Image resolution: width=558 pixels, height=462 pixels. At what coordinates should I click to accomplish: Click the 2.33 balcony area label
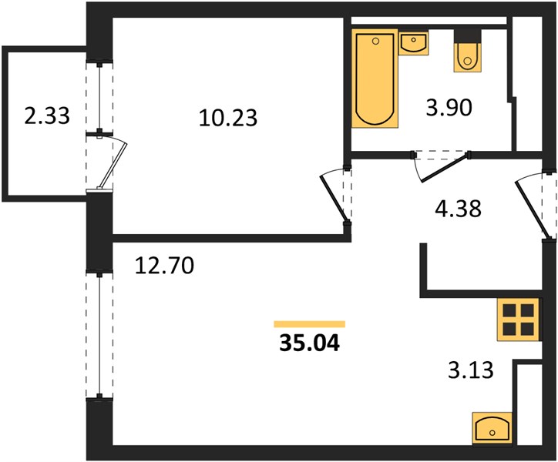tap(47, 116)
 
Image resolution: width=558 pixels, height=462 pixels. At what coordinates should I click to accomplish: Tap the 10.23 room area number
tap(228, 118)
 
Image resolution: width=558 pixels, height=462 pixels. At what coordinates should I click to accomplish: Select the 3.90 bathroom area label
tap(449, 107)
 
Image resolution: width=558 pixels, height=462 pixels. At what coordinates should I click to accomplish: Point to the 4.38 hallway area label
tap(458, 209)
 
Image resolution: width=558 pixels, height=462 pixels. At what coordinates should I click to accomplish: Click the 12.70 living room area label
tap(164, 266)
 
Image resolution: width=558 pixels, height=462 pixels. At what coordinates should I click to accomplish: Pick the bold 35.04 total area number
tap(310, 343)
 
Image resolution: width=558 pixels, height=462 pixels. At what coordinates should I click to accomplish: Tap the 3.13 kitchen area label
tap(470, 370)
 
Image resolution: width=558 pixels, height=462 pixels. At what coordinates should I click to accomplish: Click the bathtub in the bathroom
tap(375, 79)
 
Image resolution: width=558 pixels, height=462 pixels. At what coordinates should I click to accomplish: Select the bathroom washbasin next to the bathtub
tap(413, 42)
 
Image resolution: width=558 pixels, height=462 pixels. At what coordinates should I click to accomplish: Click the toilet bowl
tap(467, 58)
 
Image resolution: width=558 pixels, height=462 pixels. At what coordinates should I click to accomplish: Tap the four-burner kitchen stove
tap(519, 320)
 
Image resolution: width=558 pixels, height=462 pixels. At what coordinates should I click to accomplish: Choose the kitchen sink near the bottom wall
tap(492, 428)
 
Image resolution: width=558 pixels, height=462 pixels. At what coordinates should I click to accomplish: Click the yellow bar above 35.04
tap(310, 324)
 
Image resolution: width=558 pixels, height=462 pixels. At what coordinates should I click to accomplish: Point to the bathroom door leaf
tap(445, 167)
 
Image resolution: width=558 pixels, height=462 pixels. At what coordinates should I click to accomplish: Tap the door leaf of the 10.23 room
tap(334, 199)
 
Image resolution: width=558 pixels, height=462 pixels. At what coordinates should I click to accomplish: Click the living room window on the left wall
tap(99, 335)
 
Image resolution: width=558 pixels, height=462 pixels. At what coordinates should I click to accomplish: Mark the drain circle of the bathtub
tap(375, 42)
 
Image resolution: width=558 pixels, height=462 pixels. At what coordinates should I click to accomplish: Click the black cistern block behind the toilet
tap(467, 36)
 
